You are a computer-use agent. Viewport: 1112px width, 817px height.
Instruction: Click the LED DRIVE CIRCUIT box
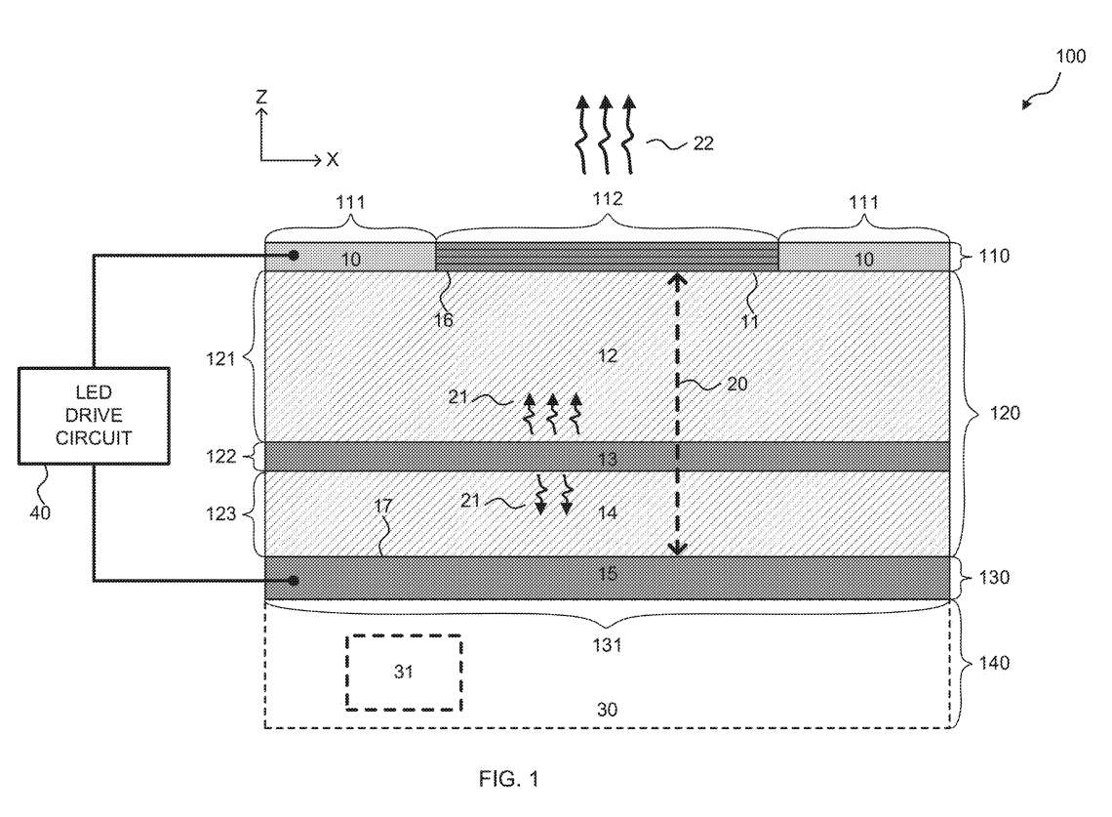pos(94,416)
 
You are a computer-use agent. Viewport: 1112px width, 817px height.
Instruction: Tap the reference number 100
pos(1070,57)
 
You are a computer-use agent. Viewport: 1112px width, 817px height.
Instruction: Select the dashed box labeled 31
pos(404,673)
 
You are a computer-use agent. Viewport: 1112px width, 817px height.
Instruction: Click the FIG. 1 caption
pos(508,779)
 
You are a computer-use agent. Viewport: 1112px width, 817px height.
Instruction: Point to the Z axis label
pos(261,97)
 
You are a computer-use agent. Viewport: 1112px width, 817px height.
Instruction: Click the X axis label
pos(332,160)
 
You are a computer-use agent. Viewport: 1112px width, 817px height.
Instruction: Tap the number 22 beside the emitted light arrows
pos(702,143)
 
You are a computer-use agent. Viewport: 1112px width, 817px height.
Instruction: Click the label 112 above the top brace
pos(608,199)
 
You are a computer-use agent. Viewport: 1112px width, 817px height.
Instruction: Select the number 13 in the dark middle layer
pos(608,459)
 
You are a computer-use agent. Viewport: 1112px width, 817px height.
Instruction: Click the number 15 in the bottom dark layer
pos(608,574)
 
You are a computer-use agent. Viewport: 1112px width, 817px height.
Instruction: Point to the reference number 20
pos(736,384)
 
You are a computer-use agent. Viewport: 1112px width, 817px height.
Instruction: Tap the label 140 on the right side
pos(994,663)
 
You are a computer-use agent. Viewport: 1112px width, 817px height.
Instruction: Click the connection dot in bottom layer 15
pos(294,581)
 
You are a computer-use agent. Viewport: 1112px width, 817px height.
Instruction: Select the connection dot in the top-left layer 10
pos(294,256)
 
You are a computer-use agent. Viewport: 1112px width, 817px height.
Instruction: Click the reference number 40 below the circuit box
pos(40,512)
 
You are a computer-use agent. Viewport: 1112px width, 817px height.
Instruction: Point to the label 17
pos(383,506)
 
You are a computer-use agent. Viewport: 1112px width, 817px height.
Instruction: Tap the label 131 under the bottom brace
pos(607,644)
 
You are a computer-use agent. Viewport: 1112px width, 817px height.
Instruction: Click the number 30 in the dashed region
pos(607,709)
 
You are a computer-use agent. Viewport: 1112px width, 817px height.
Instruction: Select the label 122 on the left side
pos(220,456)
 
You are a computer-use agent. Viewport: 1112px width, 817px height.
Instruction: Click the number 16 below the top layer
pos(443,320)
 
